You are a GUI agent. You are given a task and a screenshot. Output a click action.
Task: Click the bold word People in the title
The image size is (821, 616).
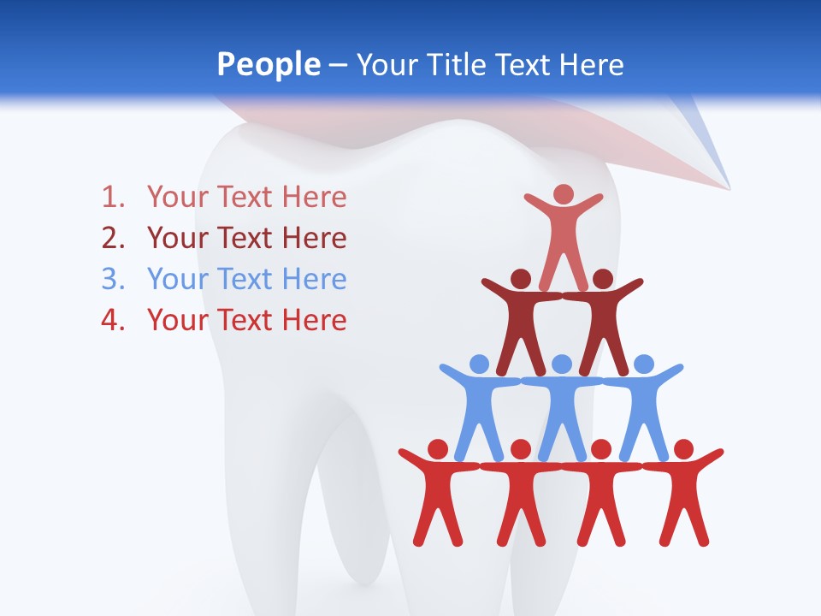pyautogui.click(x=268, y=64)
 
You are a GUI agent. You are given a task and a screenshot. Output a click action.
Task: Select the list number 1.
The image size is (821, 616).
pyautogui.click(x=112, y=198)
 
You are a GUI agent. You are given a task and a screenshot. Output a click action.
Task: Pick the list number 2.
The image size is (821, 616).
pyautogui.click(x=112, y=239)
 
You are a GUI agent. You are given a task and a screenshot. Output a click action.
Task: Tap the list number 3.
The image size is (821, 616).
pyautogui.click(x=112, y=280)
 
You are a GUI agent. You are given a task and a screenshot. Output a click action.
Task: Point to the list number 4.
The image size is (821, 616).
pyautogui.click(x=112, y=321)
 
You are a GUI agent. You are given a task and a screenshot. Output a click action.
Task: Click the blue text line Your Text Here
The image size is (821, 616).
pyautogui.click(x=246, y=280)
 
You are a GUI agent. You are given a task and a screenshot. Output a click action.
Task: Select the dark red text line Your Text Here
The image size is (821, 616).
pyautogui.click(x=246, y=239)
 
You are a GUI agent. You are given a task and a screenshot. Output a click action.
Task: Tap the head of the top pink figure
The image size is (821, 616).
pyautogui.click(x=563, y=194)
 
